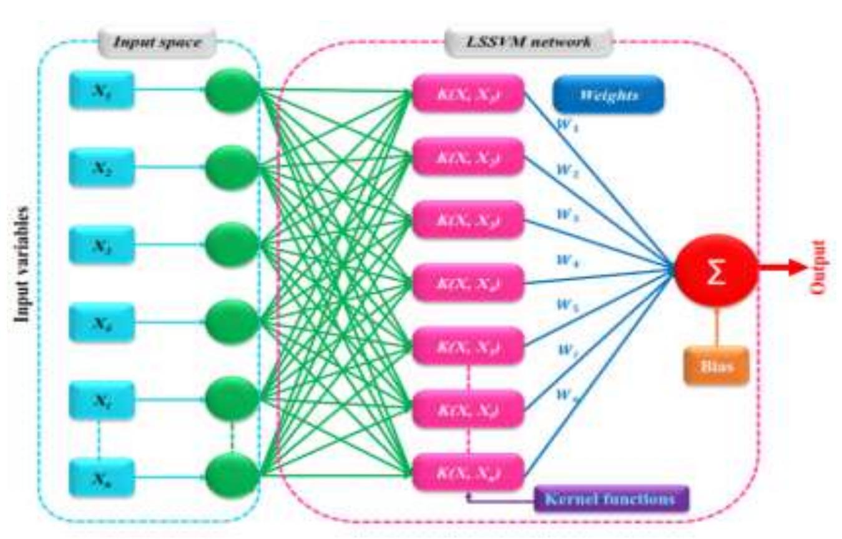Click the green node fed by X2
point(232,167)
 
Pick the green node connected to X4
point(232,322)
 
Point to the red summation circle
point(717,271)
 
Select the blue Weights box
point(608,96)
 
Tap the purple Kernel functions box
point(611,499)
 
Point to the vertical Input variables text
point(24,263)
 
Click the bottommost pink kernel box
point(468,472)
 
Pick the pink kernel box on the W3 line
point(468,220)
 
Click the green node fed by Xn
point(232,477)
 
